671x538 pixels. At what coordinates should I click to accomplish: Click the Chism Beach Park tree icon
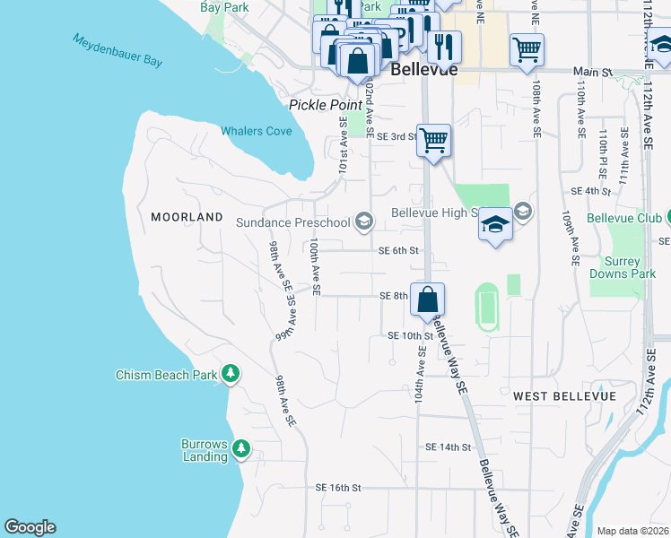pos(231,373)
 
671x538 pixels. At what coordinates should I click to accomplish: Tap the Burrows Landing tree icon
pos(240,448)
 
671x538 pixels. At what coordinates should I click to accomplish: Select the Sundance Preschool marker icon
pos(364,221)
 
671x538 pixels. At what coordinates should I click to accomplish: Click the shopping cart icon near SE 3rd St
pos(433,140)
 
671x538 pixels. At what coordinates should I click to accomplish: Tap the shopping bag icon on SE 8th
pos(428,299)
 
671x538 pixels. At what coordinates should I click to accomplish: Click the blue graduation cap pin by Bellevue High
pos(494,224)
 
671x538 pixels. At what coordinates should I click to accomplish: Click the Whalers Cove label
pos(257,131)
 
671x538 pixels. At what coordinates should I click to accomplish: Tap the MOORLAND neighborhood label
pos(187,217)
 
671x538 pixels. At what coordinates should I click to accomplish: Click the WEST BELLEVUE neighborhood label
pos(564,395)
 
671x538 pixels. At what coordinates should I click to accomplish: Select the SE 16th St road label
pos(337,488)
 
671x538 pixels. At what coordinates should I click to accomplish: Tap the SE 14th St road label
pos(448,447)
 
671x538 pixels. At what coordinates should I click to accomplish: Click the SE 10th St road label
pos(410,335)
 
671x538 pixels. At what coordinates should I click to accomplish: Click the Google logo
pos(30,527)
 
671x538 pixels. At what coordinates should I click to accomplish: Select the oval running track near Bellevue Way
pos(487,307)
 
